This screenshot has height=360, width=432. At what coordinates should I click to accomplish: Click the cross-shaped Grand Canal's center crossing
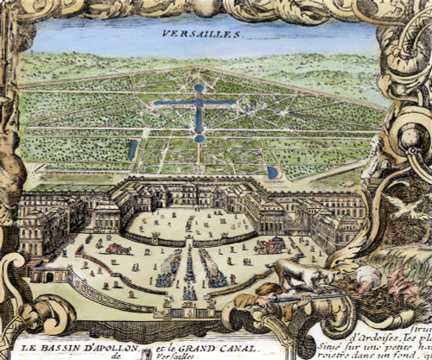[199, 104]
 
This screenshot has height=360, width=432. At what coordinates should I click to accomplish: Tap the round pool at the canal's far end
[199, 87]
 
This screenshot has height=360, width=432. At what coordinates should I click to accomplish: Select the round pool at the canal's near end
[200, 137]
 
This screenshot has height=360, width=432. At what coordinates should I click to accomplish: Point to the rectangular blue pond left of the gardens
[133, 150]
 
